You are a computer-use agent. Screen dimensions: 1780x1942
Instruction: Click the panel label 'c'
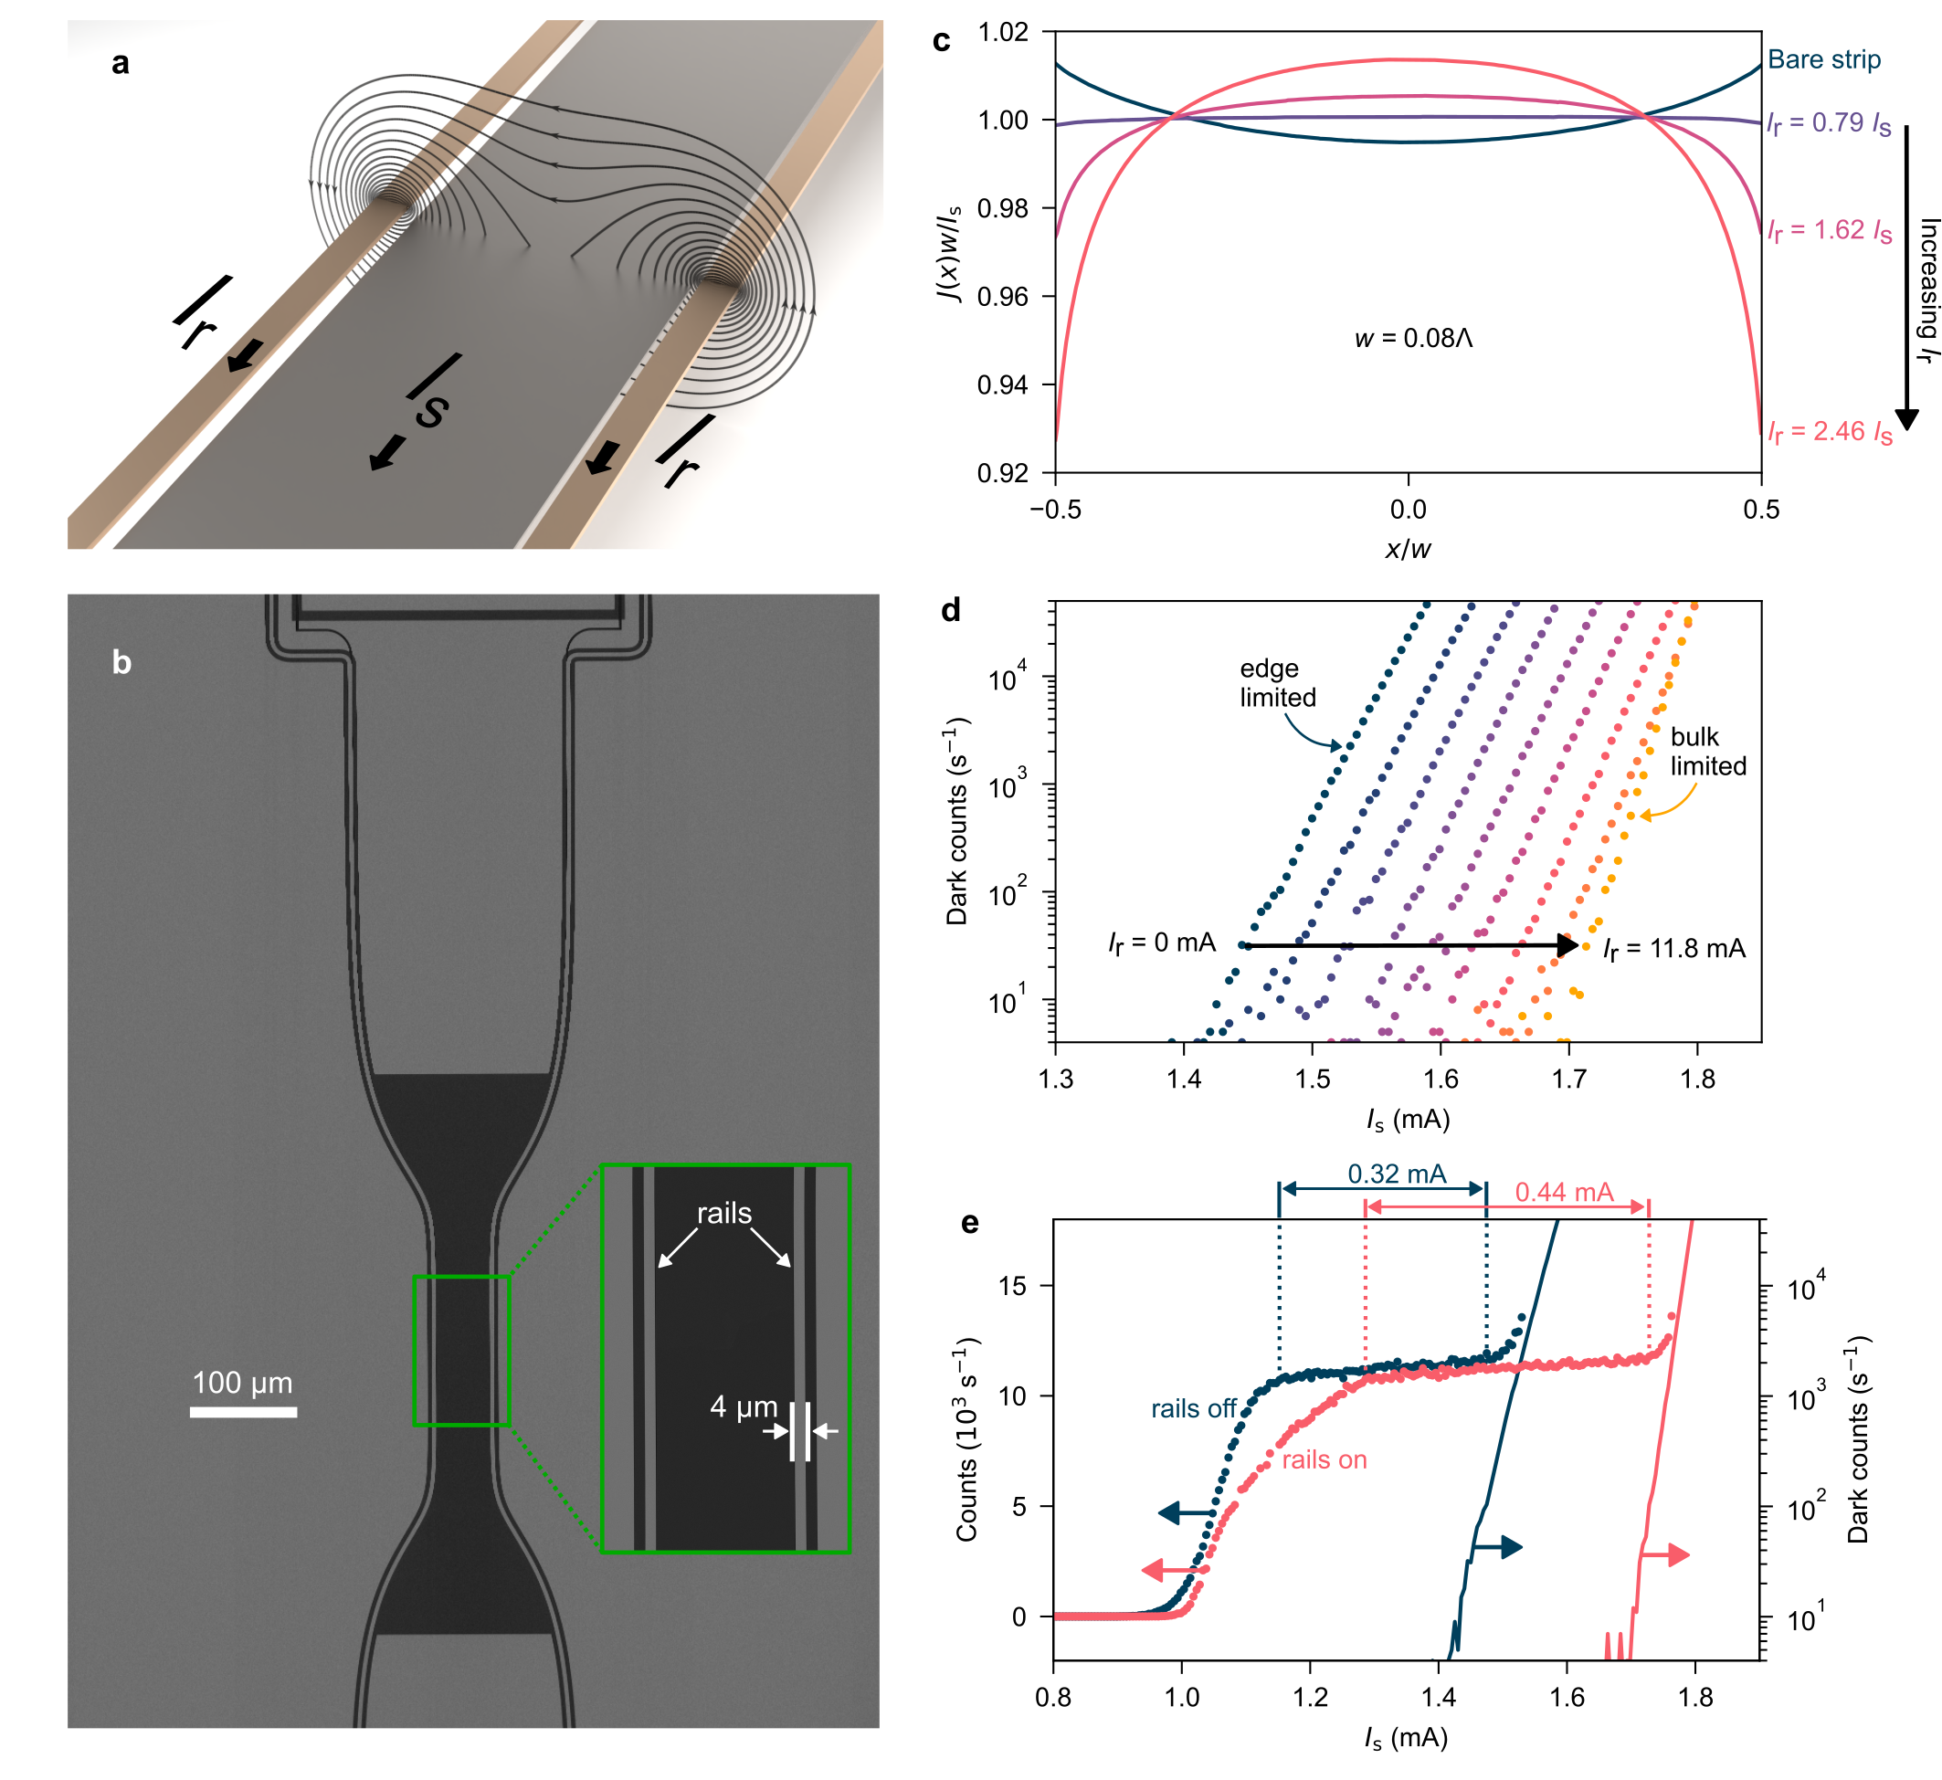pos(941,40)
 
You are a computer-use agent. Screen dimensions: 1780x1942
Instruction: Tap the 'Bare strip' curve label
pos(1823,59)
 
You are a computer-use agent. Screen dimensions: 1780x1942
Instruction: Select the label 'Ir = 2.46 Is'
pos(1830,433)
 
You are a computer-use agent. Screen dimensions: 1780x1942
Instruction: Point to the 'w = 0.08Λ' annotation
pos(1413,338)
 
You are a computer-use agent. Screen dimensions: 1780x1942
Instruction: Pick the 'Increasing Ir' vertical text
pos(1927,290)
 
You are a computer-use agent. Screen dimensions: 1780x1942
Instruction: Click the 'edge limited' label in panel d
pos(1276,683)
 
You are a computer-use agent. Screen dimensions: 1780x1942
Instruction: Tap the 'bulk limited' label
pos(1708,752)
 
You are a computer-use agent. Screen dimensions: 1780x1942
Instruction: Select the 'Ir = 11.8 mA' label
pos(1674,950)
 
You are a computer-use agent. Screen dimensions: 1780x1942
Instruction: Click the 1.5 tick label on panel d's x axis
pos(1312,1079)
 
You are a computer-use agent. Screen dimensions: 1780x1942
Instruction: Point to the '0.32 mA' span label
pos(1397,1174)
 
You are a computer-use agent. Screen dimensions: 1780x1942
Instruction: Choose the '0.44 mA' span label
pos(1564,1193)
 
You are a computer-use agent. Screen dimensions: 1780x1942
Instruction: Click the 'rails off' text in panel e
pos(1194,1409)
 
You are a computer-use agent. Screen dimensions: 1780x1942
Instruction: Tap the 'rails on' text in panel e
pos(1324,1460)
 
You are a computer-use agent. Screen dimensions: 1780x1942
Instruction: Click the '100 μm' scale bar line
pos(243,1412)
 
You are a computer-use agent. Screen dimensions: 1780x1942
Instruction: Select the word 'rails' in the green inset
pos(724,1214)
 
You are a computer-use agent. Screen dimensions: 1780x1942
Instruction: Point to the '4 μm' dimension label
pos(743,1407)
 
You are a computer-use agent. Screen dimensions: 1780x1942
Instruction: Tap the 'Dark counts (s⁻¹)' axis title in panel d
pos(957,822)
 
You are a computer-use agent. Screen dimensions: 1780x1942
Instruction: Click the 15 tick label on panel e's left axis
pos(1011,1286)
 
